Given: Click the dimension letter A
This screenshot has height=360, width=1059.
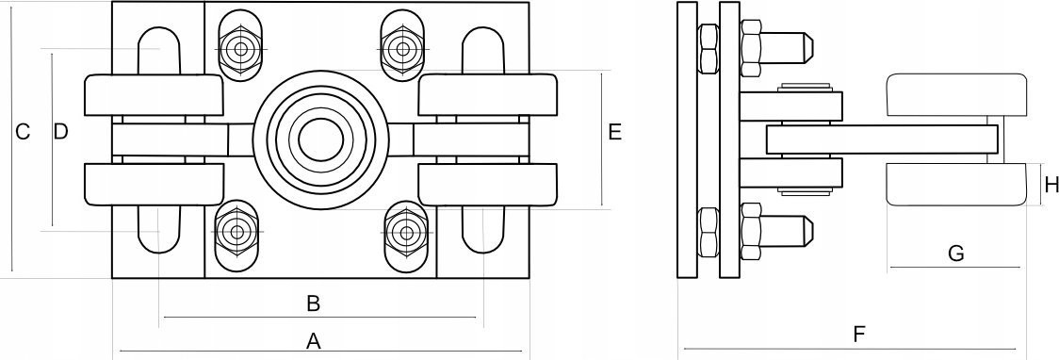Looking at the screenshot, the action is point(313,341).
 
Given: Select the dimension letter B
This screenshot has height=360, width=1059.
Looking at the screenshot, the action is point(313,303).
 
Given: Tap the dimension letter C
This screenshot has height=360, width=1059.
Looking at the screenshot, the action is point(23,132).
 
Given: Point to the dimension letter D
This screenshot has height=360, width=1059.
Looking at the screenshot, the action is point(61,131).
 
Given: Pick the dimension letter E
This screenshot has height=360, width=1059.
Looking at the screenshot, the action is point(614,132).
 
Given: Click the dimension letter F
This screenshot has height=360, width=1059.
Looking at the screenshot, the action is point(859,334).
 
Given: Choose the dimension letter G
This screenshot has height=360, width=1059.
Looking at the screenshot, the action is point(955,254).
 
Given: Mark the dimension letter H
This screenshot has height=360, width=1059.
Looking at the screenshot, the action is point(1051,184).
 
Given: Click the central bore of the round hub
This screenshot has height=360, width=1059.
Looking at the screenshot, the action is point(320,140).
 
